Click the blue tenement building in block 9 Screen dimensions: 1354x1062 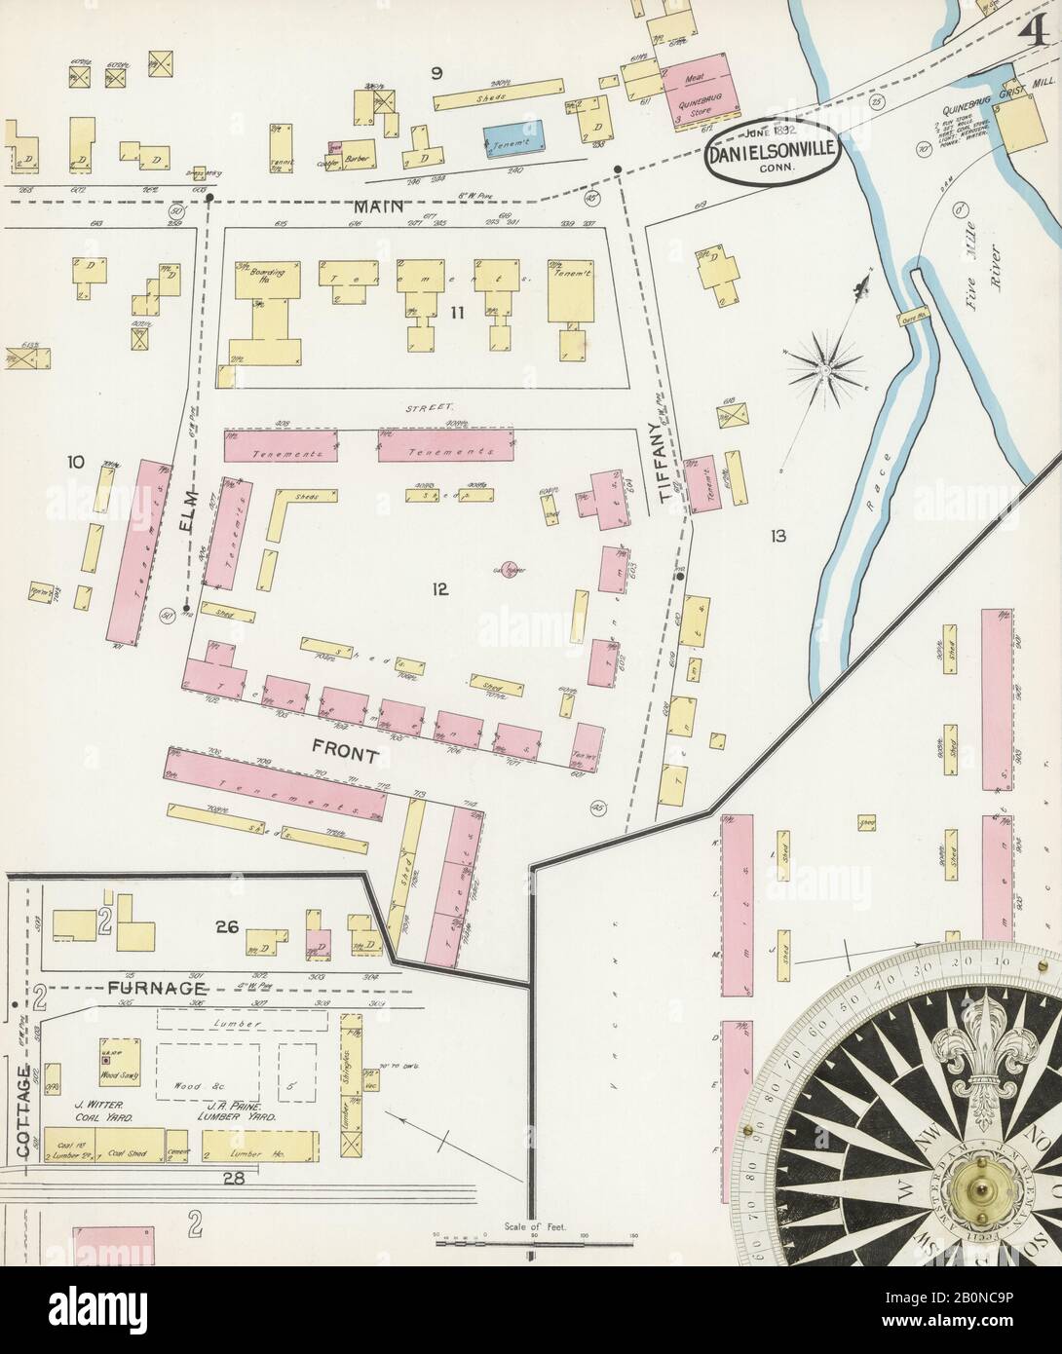(513, 138)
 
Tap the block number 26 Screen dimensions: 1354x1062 (228, 927)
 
